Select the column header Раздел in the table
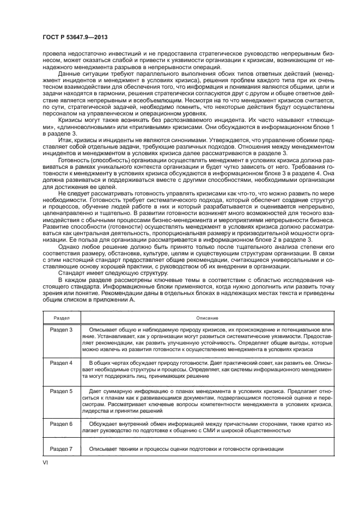(59, 317)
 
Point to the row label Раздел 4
(61, 362)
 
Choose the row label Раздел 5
(61, 391)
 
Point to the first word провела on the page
(54, 53)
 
